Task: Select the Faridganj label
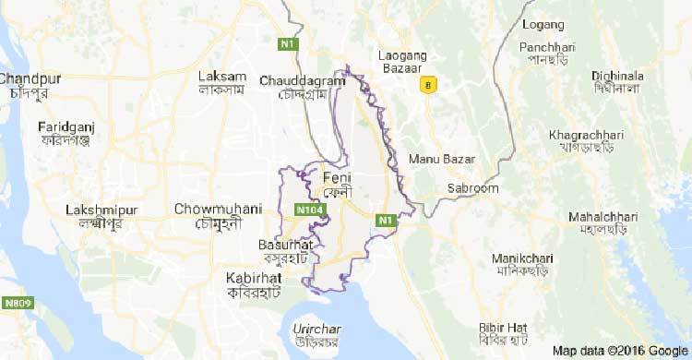pos(68,126)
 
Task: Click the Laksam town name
pos(222,76)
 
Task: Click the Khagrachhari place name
pos(586,136)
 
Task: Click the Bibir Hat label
pos(503,328)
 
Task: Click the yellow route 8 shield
pos(425,85)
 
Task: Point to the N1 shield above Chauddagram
pos(290,43)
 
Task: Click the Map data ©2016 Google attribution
pos(618,351)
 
